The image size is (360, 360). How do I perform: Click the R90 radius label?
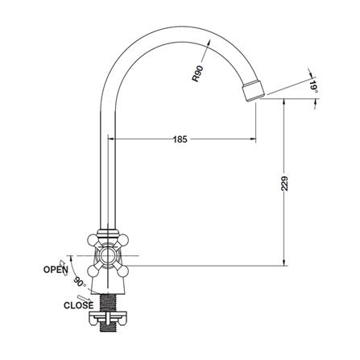click(x=198, y=73)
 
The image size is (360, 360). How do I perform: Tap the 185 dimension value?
click(x=180, y=139)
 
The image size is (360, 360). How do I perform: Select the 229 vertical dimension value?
click(x=284, y=184)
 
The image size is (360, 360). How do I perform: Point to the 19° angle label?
click(x=313, y=87)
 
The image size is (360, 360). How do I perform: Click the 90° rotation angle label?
click(x=79, y=282)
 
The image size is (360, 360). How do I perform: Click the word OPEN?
click(x=56, y=270)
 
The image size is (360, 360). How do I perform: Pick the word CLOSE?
click(x=78, y=305)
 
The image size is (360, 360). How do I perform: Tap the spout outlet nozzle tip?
click(x=254, y=90)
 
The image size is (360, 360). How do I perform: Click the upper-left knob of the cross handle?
click(x=93, y=240)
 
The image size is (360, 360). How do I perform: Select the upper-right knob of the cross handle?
click(x=123, y=239)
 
